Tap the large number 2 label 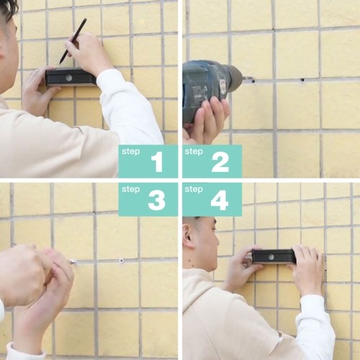tap(220, 163)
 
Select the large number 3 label tap(157, 200)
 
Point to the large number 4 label tap(220, 200)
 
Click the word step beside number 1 tap(130, 152)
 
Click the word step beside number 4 tap(194, 189)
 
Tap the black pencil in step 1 tap(73, 41)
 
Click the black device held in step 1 tap(71, 77)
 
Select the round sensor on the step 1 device tap(69, 78)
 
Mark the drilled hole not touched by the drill tap(302, 80)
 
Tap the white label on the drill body tap(223, 87)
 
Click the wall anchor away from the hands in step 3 tap(121, 261)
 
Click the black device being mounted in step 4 tap(274, 256)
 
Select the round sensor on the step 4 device tap(272, 257)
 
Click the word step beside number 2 tap(194, 152)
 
